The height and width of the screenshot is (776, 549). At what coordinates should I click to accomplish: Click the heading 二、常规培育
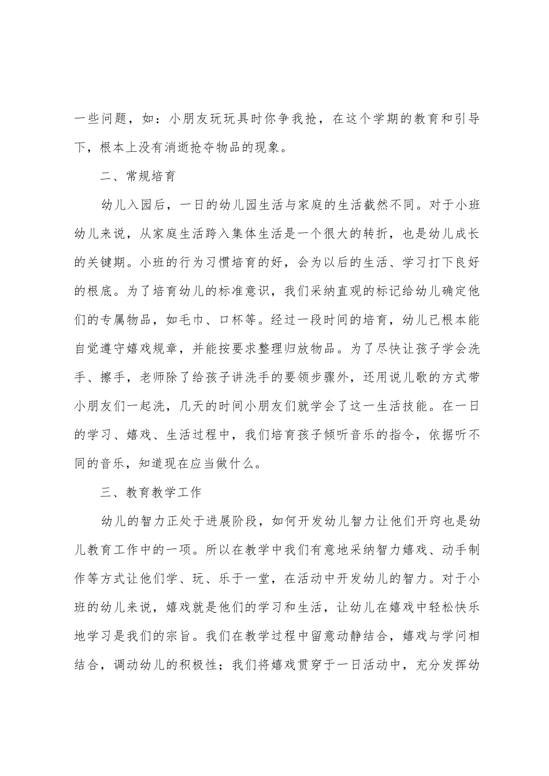(x=138, y=177)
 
